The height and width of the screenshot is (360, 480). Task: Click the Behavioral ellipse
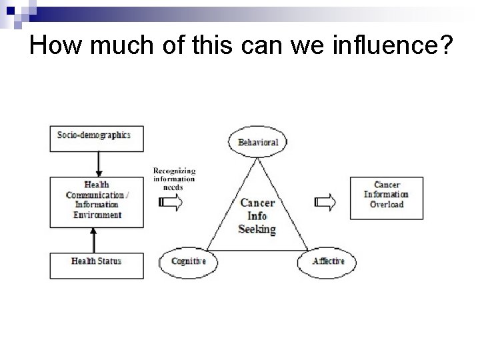click(253, 143)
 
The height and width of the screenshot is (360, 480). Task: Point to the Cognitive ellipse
click(188, 261)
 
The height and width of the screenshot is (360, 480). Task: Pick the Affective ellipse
click(328, 261)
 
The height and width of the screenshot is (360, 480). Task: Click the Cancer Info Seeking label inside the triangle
click(257, 215)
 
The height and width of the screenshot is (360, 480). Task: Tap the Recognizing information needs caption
click(174, 178)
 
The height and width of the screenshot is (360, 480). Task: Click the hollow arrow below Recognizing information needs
click(171, 203)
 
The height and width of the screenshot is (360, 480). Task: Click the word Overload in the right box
click(386, 204)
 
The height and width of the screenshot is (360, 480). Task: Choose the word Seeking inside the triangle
click(257, 229)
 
